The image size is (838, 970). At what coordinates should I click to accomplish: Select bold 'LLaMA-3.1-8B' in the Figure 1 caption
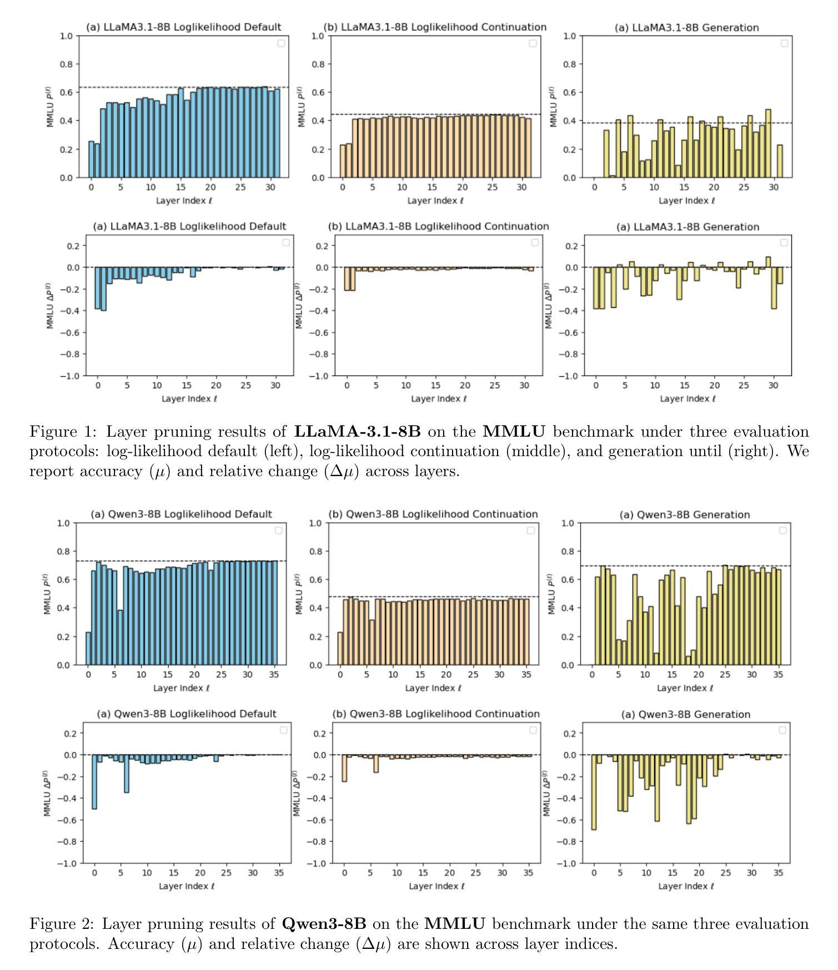[x=357, y=432]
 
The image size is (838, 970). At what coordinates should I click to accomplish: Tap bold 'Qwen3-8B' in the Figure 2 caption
[x=324, y=924]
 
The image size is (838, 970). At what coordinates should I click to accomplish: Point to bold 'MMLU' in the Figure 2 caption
[x=454, y=924]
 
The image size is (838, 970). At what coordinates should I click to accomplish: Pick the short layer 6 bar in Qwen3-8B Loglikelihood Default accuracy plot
[x=120, y=637]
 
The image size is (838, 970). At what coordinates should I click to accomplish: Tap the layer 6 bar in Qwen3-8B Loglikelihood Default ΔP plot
[x=126, y=773]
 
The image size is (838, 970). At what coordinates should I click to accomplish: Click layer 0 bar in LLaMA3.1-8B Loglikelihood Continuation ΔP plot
[x=347, y=279]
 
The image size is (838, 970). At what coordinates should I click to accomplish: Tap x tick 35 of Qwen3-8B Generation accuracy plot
[x=779, y=674]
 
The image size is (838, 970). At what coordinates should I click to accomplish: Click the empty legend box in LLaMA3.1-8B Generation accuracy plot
[x=784, y=43]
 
